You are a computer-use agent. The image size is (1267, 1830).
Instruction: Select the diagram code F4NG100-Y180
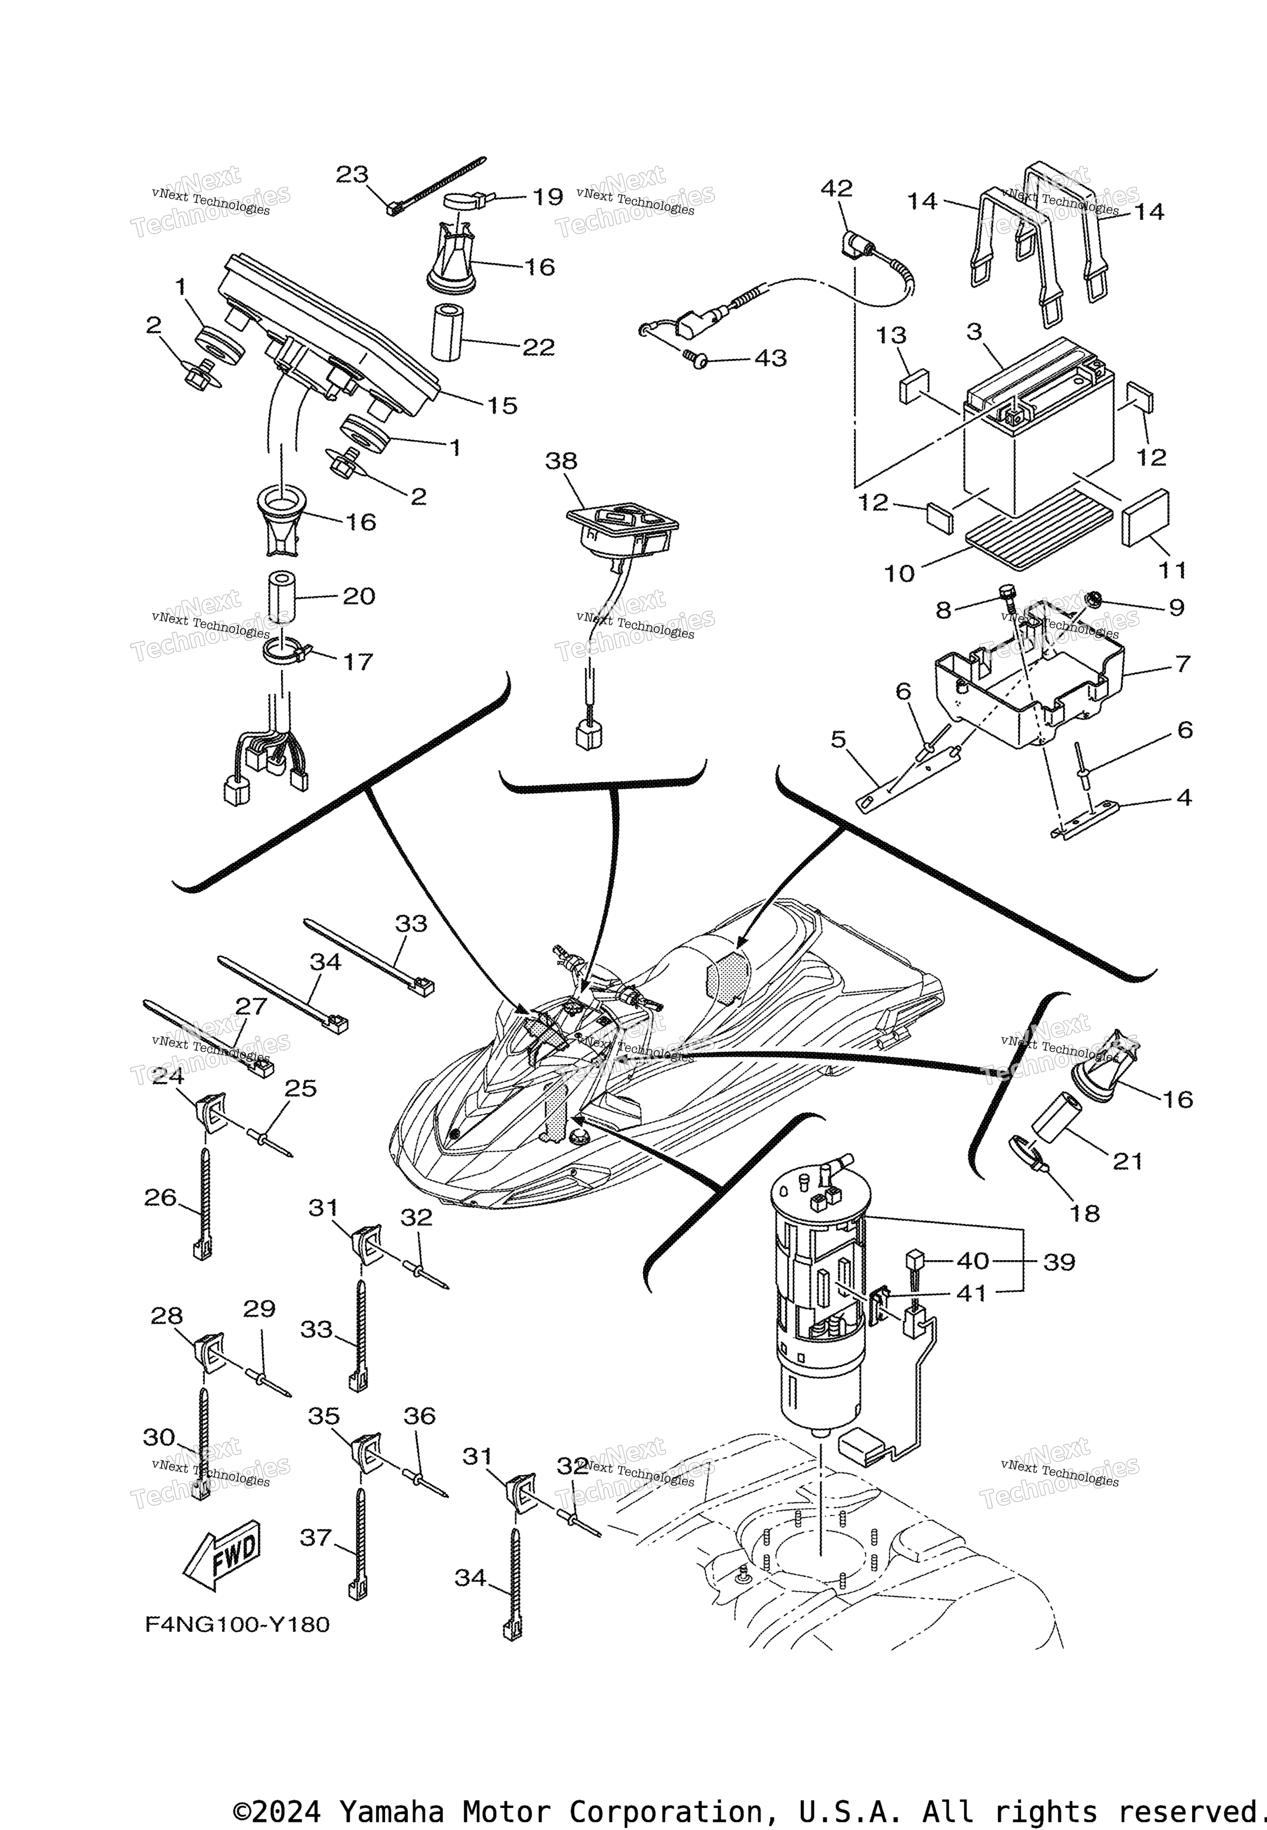pyautogui.click(x=237, y=1624)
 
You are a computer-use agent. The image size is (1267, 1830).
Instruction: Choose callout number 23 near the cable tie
pyautogui.click(x=353, y=174)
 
